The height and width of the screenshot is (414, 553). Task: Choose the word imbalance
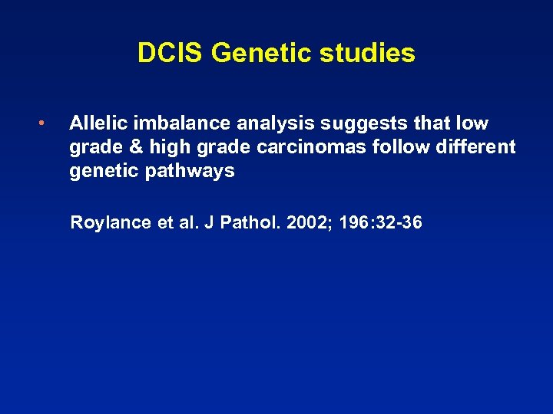(171, 123)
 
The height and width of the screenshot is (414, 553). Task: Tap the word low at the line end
(471, 123)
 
